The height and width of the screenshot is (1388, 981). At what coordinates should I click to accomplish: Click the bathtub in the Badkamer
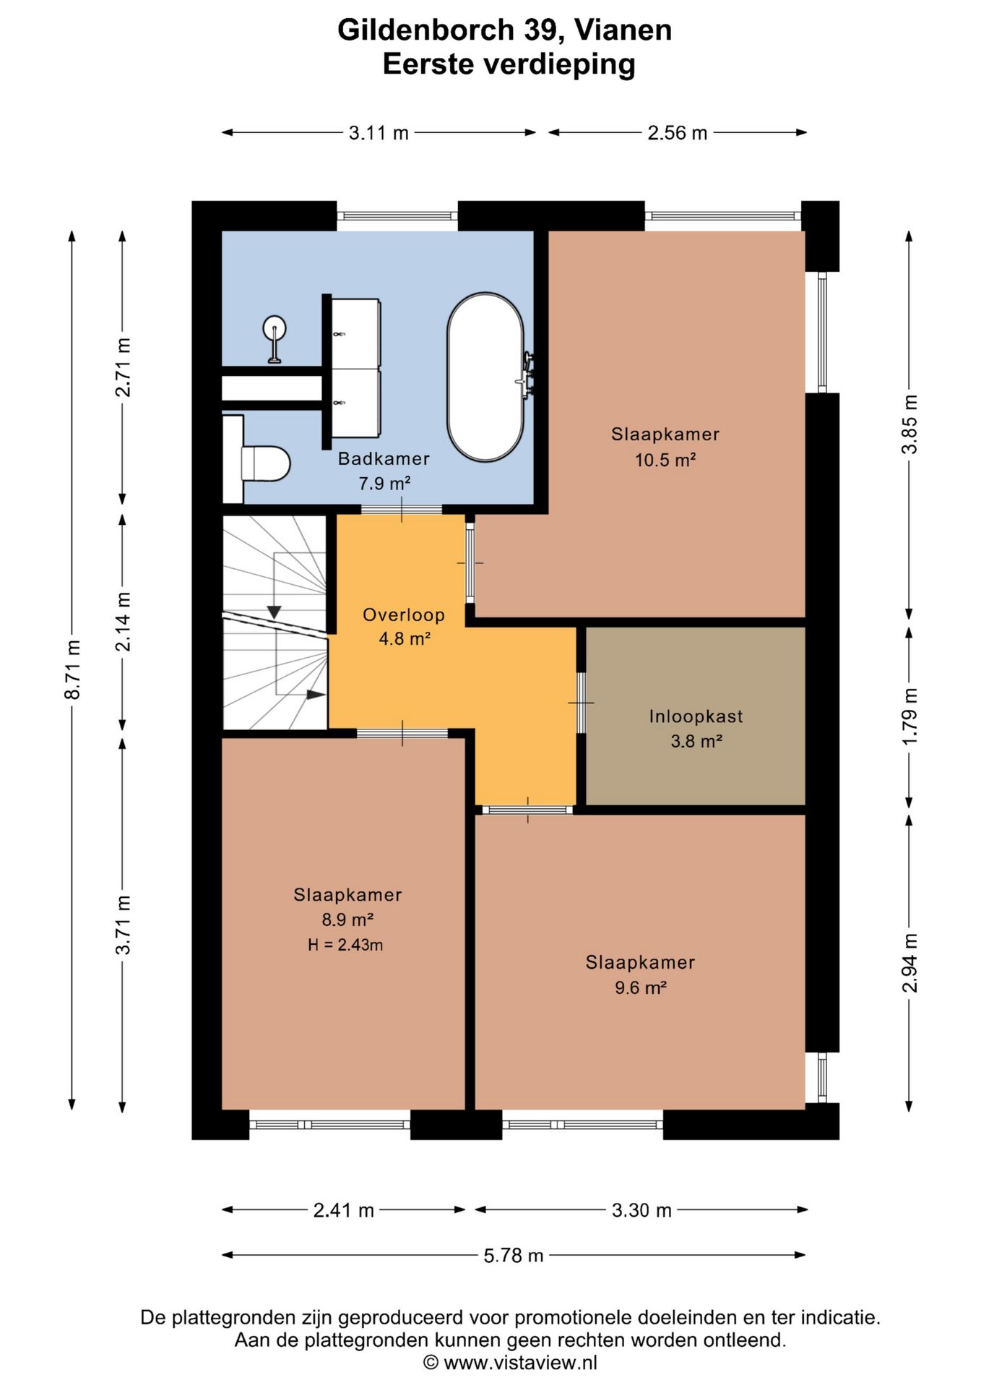point(485,377)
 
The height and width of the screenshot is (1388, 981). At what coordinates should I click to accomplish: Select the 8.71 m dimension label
point(72,669)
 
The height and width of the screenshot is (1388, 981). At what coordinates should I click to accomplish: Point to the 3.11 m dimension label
point(379,133)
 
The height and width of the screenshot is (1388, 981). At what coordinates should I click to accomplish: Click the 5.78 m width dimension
point(513,1255)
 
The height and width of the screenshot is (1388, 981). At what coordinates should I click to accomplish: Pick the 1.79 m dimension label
point(909,716)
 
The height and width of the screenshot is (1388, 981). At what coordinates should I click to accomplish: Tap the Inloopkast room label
point(696,716)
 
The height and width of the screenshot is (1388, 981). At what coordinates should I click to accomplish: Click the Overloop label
point(403,614)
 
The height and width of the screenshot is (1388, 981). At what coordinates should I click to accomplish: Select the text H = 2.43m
point(345,945)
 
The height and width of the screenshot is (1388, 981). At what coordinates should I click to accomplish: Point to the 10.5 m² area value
point(665,460)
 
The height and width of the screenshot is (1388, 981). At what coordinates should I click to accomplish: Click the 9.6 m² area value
point(641,988)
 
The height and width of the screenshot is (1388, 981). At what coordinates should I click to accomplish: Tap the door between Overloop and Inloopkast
point(581,703)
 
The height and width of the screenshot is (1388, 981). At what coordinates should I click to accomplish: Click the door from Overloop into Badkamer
point(402,509)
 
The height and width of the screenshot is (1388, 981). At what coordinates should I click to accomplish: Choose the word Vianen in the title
point(623,30)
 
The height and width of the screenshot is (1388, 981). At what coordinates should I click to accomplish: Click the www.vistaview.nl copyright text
point(510,1363)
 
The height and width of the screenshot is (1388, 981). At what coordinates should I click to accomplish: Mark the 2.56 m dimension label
point(677,133)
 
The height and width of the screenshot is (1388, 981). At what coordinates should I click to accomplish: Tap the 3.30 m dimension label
point(641,1210)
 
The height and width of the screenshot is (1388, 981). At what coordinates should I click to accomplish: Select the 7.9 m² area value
point(384,483)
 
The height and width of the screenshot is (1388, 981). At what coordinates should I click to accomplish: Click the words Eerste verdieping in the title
point(509,64)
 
